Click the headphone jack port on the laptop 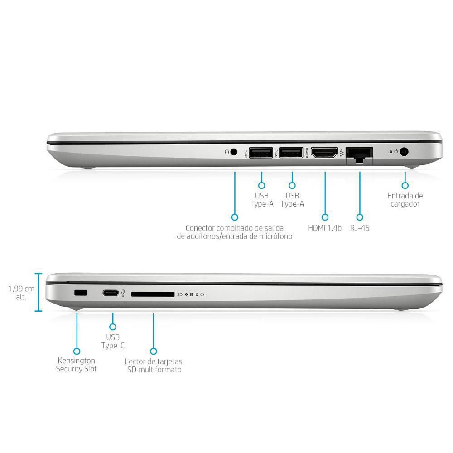pyautogui.click(x=234, y=152)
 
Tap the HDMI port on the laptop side pyautogui.click(x=325, y=153)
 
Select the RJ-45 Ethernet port pyautogui.click(x=359, y=154)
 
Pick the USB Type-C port pyautogui.click(x=111, y=294)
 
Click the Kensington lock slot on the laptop pyautogui.click(x=81, y=294)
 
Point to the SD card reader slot pyautogui.click(x=153, y=294)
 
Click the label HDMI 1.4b pyautogui.click(x=325, y=228)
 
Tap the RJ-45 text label pyautogui.click(x=360, y=228)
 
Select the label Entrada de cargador pyautogui.click(x=405, y=200)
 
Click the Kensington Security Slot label pyautogui.click(x=77, y=365)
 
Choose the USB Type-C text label pyautogui.click(x=113, y=341)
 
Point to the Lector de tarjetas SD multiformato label pyautogui.click(x=154, y=366)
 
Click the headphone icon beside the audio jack pyautogui.click(x=226, y=153)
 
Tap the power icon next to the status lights pyautogui.click(x=202, y=294)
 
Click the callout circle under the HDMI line pyautogui.click(x=325, y=217)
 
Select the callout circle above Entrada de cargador pyautogui.click(x=405, y=185)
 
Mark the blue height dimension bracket pyautogui.click(x=39, y=293)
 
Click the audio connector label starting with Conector pyautogui.click(x=234, y=232)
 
